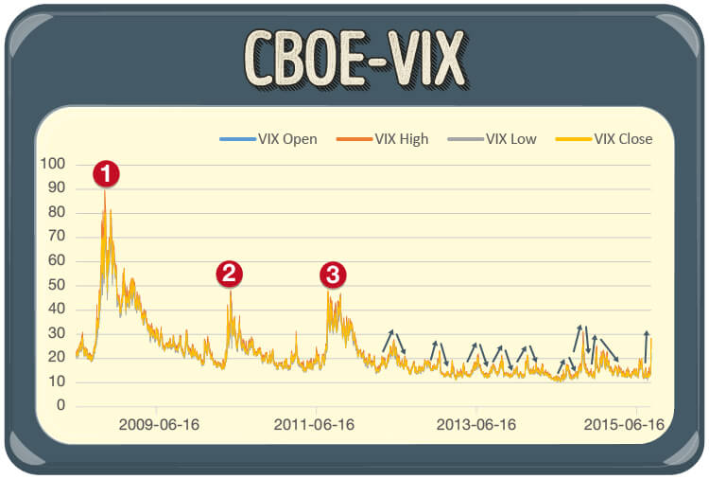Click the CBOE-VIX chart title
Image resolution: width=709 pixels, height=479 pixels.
(x=354, y=59)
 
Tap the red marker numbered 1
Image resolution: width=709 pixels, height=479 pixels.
(x=106, y=173)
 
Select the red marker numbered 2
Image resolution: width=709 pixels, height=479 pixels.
(x=230, y=275)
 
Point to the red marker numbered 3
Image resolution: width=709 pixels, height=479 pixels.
(x=332, y=275)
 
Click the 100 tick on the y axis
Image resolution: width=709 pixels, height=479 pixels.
(x=53, y=164)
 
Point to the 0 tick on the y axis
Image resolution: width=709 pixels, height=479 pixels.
(x=60, y=406)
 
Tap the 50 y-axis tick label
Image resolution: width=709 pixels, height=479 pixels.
(x=56, y=285)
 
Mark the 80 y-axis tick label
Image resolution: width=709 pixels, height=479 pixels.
(x=56, y=212)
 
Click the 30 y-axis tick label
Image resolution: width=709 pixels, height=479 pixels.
(x=56, y=333)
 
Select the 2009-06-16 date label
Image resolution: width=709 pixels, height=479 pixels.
(x=158, y=425)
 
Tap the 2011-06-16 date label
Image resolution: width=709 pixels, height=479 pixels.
(x=314, y=425)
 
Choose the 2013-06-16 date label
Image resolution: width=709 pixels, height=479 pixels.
(x=476, y=425)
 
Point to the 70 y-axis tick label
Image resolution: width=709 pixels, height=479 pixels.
(x=56, y=237)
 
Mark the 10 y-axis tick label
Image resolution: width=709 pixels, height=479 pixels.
(x=56, y=381)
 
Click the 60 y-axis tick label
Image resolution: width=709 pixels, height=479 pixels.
(x=56, y=260)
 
